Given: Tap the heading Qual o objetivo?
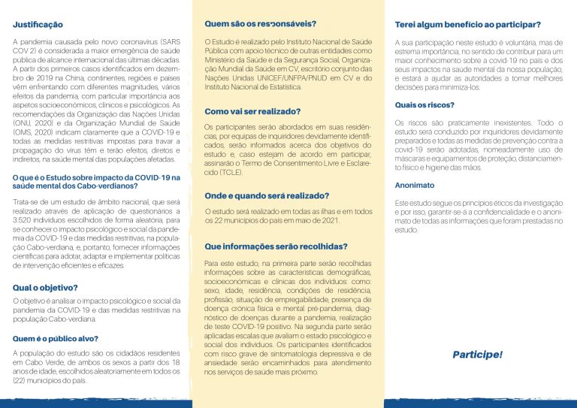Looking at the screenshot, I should [x=45, y=287].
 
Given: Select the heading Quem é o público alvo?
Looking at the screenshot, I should [x=55, y=338].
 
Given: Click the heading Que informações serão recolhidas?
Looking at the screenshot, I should [x=276, y=246].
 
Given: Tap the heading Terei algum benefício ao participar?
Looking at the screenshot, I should [x=468, y=25].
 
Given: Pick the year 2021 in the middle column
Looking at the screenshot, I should [x=331, y=220].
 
